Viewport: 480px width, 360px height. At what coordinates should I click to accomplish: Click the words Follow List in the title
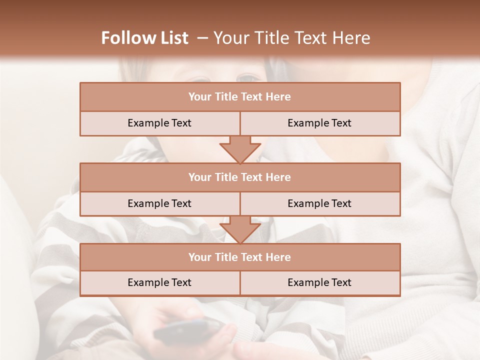[144, 38]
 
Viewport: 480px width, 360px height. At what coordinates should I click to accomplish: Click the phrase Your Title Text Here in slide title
[291, 38]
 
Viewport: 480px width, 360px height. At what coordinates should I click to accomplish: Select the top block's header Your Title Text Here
[239, 97]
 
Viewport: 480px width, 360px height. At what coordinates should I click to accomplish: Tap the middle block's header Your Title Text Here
[239, 177]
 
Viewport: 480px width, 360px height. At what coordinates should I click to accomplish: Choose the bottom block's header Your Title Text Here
[239, 257]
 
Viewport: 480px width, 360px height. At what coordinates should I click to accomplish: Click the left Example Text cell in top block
[159, 123]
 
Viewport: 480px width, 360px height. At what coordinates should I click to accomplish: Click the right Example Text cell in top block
[319, 123]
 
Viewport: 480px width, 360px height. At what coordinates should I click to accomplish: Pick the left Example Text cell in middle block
[159, 203]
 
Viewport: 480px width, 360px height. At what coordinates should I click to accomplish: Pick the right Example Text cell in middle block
[319, 203]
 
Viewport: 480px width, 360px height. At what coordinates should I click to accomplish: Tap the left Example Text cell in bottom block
[159, 282]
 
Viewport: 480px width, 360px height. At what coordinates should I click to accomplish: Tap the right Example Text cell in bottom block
[319, 282]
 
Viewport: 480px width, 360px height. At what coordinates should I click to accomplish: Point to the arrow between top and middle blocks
[240, 149]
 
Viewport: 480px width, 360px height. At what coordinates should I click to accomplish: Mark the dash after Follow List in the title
[202, 38]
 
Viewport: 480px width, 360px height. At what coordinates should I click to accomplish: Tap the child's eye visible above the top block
[248, 77]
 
